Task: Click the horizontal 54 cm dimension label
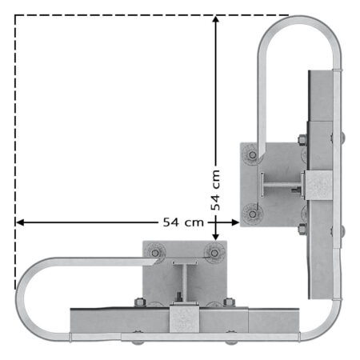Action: pyautogui.click(x=183, y=222)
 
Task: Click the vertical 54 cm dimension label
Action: pyautogui.click(x=215, y=190)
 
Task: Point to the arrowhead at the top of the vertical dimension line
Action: pyautogui.click(x=215, y=19)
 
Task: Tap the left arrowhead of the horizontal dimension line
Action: pyautogui.click(x=20, y=222)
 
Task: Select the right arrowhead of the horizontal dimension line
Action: pyautogui.click(x=235, y=222)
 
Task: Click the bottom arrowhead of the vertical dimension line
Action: pyautogui.click(x=215, y=236)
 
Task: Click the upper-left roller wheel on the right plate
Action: pyautogui.click(x=252, y=154)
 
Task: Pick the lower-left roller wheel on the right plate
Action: pyautogui.click(x=252, y=214)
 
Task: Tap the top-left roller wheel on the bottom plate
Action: pyautogui.click(x=155, y=253)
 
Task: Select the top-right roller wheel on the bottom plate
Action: pyautogui.click(x=214, y=253)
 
